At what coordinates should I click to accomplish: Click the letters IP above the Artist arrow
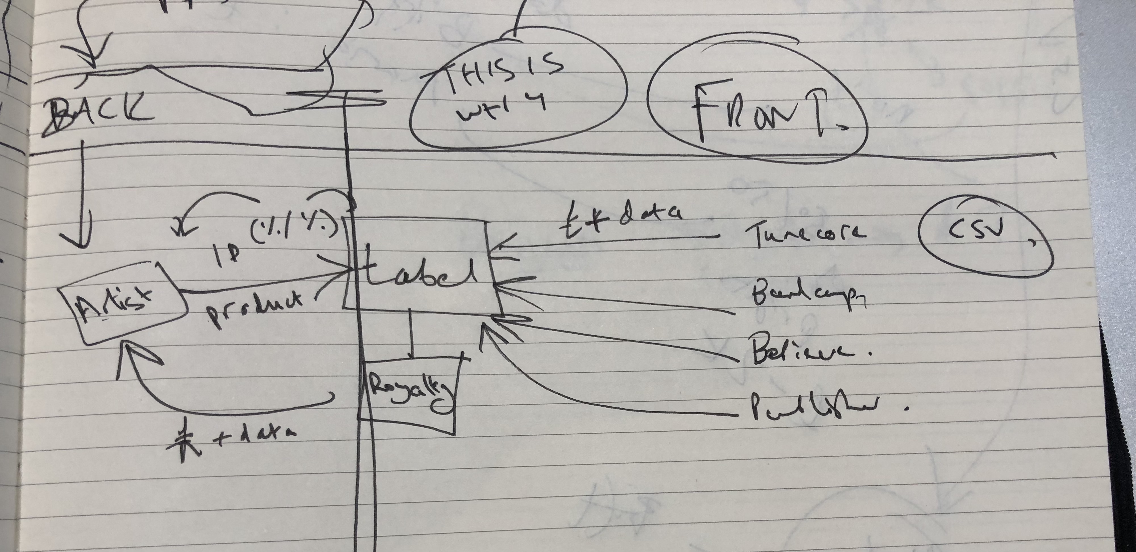click(227, 256)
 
